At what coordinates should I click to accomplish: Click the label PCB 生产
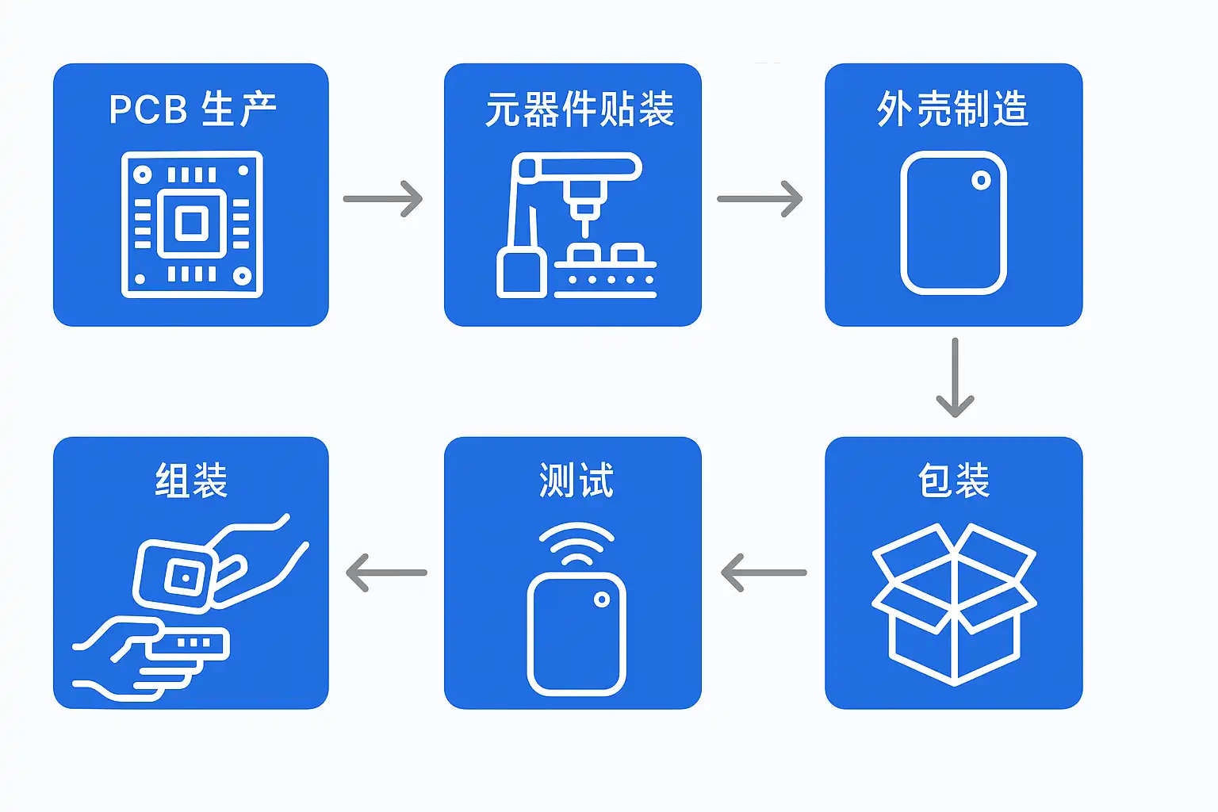[x=193, y=109]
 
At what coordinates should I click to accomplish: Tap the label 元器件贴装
[x=580, y=109]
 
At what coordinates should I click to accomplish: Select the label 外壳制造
[x=953, y=109]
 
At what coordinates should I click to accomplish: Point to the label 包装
[x=954, y=481]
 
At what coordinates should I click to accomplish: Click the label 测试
[x=576, y=481]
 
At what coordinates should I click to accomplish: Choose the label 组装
[x=191, y=481]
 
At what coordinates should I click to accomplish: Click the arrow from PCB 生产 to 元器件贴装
[x=383, y=198]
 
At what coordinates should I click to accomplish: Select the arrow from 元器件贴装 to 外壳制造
[x=760, y=198]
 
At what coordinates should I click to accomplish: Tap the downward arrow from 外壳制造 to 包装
[x=955, y=377]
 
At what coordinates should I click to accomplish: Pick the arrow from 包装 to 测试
[x=764, y=573]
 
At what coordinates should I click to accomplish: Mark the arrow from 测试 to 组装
[x=387, y=573]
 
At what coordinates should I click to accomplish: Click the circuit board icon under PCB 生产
[x=192, y=224]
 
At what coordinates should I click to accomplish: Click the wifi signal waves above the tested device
[x=576, y=543]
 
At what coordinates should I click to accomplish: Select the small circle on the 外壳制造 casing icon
[x=981, y=181]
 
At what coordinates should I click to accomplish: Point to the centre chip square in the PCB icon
[x=192, y=224]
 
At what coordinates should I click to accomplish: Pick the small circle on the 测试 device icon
[x=602, y=599]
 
